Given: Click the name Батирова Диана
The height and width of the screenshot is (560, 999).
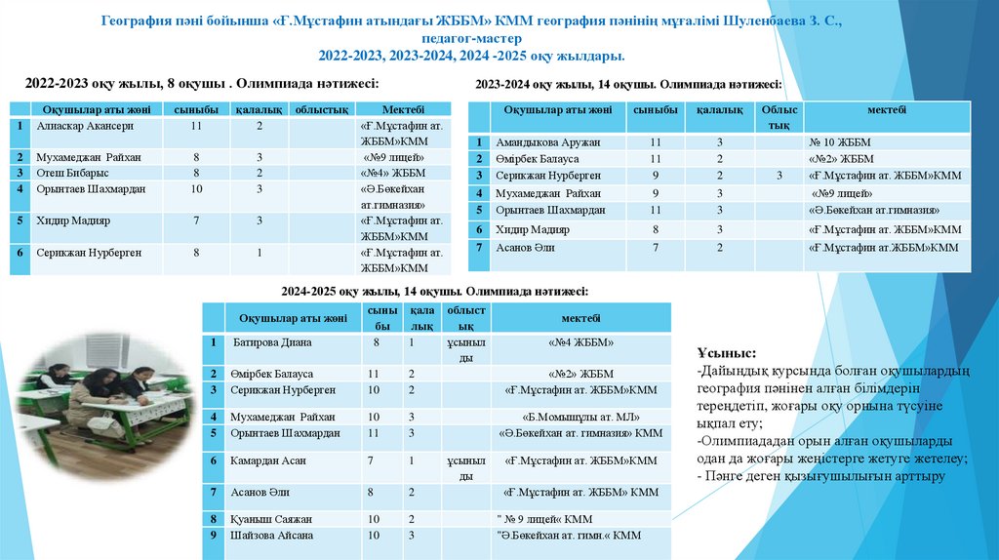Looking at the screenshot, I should (272, 343).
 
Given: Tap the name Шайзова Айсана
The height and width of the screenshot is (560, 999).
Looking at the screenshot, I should (272, 536).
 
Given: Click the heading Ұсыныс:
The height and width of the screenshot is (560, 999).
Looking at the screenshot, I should (727, 352).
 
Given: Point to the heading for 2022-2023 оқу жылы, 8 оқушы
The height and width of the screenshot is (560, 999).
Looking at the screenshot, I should (202, 84).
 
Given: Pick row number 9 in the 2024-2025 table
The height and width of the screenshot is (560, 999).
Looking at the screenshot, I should (212, 536).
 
